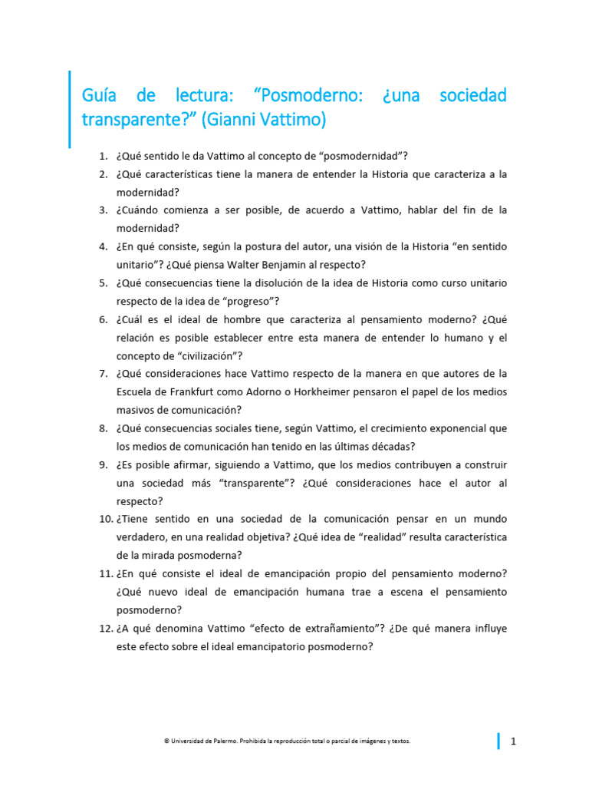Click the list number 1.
pyautogui.click(x=103, y=156)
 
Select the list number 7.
pyautogui.click(x=103, y=374)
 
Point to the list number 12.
pyautogui.click(x=106, y=629)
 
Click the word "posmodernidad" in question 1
pyautogui.click(x=347, y=156)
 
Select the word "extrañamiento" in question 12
pyautogui.click(x=333, y=629)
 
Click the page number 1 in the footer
pyautogui.click(x=513, y=741)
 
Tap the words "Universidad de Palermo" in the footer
pyautogui.click(x=199, y=741)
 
